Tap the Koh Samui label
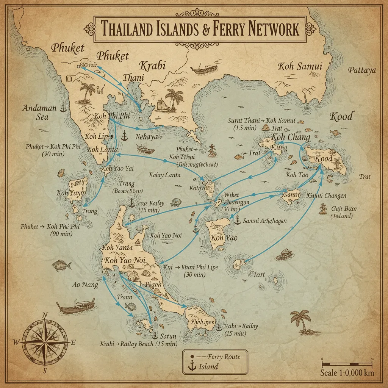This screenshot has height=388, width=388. pyautogui.click(x=300, y=67)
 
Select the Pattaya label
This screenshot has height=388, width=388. pyautogui.click(x=362, y=70)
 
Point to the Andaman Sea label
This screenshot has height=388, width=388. pyautogui.click(x=39, y=112)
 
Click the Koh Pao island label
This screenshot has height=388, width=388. pyautogui.click(x=222, y=238)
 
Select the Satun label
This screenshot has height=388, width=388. pyautogui.click(x=168, y=336)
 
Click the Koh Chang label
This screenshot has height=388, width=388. pyautogui.click(x=290, y=137)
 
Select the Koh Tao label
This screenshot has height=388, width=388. pyautogui.click(x=296, y=175)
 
